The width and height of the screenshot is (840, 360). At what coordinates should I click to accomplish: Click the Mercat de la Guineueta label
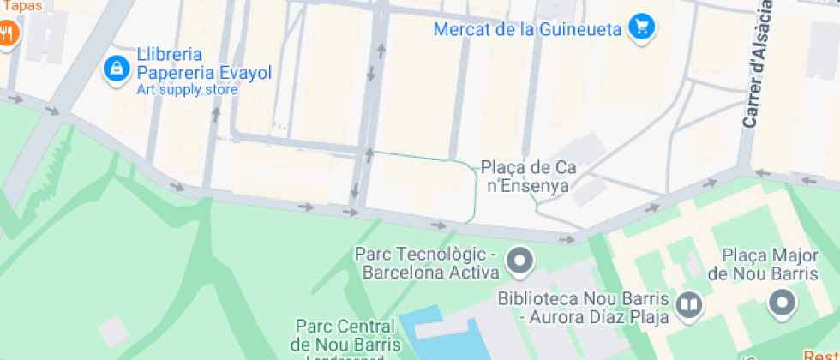click(527, 29)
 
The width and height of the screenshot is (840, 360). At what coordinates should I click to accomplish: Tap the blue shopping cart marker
click(640, 28)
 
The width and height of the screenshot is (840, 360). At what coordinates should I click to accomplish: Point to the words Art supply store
click(187, 89)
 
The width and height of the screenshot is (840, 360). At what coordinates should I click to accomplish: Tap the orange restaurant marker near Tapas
click(8, 33)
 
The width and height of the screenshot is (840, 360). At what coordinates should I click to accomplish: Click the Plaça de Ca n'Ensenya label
click(527, 176)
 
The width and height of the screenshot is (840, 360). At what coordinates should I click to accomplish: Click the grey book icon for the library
click(688, 304)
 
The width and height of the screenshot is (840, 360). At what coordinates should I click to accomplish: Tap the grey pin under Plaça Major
click(781, 303)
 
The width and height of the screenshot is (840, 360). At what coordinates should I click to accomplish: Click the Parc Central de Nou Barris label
click(344, 335)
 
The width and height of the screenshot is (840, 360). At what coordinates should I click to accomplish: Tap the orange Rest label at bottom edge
click(820, 355)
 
